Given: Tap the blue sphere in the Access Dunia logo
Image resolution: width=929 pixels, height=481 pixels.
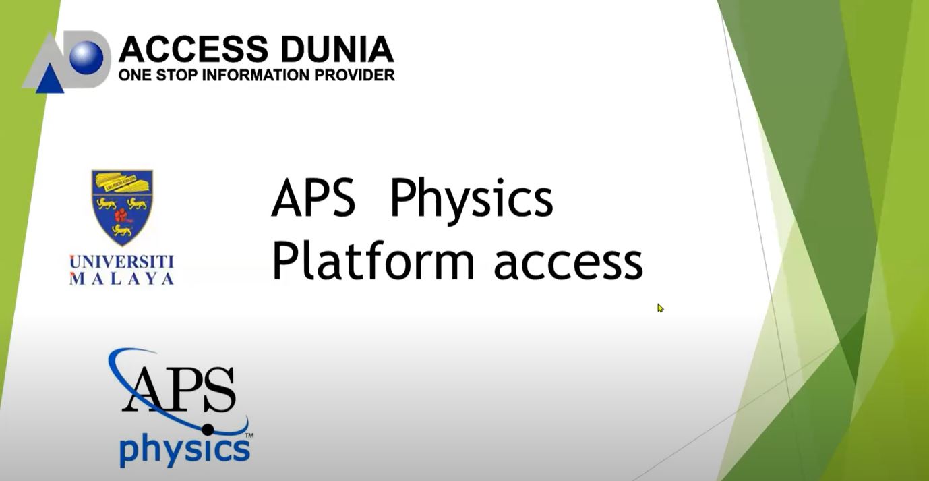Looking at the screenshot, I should point(86,57).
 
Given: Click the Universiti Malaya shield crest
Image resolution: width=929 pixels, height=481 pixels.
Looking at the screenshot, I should point(122,206).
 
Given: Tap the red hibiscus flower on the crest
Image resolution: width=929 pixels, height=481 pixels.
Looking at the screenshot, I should point(121,215).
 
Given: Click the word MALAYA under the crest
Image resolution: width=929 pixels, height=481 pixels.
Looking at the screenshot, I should point(122,278).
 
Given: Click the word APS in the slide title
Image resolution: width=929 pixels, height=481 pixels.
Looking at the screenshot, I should point(313,199).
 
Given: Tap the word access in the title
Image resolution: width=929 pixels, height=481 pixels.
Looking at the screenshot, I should point(568,263).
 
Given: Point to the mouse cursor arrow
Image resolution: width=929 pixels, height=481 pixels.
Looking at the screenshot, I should point(660,308).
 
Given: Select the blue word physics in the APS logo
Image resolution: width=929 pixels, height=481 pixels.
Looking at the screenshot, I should point(184,451).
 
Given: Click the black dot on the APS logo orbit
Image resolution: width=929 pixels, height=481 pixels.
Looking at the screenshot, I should point(208,429).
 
